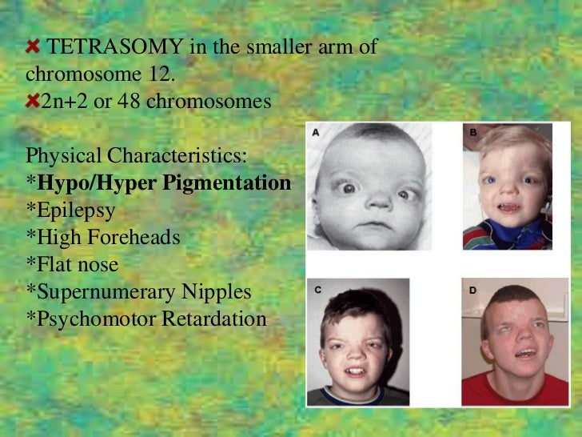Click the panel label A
coord(316,134)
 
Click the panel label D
coord(473,290)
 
